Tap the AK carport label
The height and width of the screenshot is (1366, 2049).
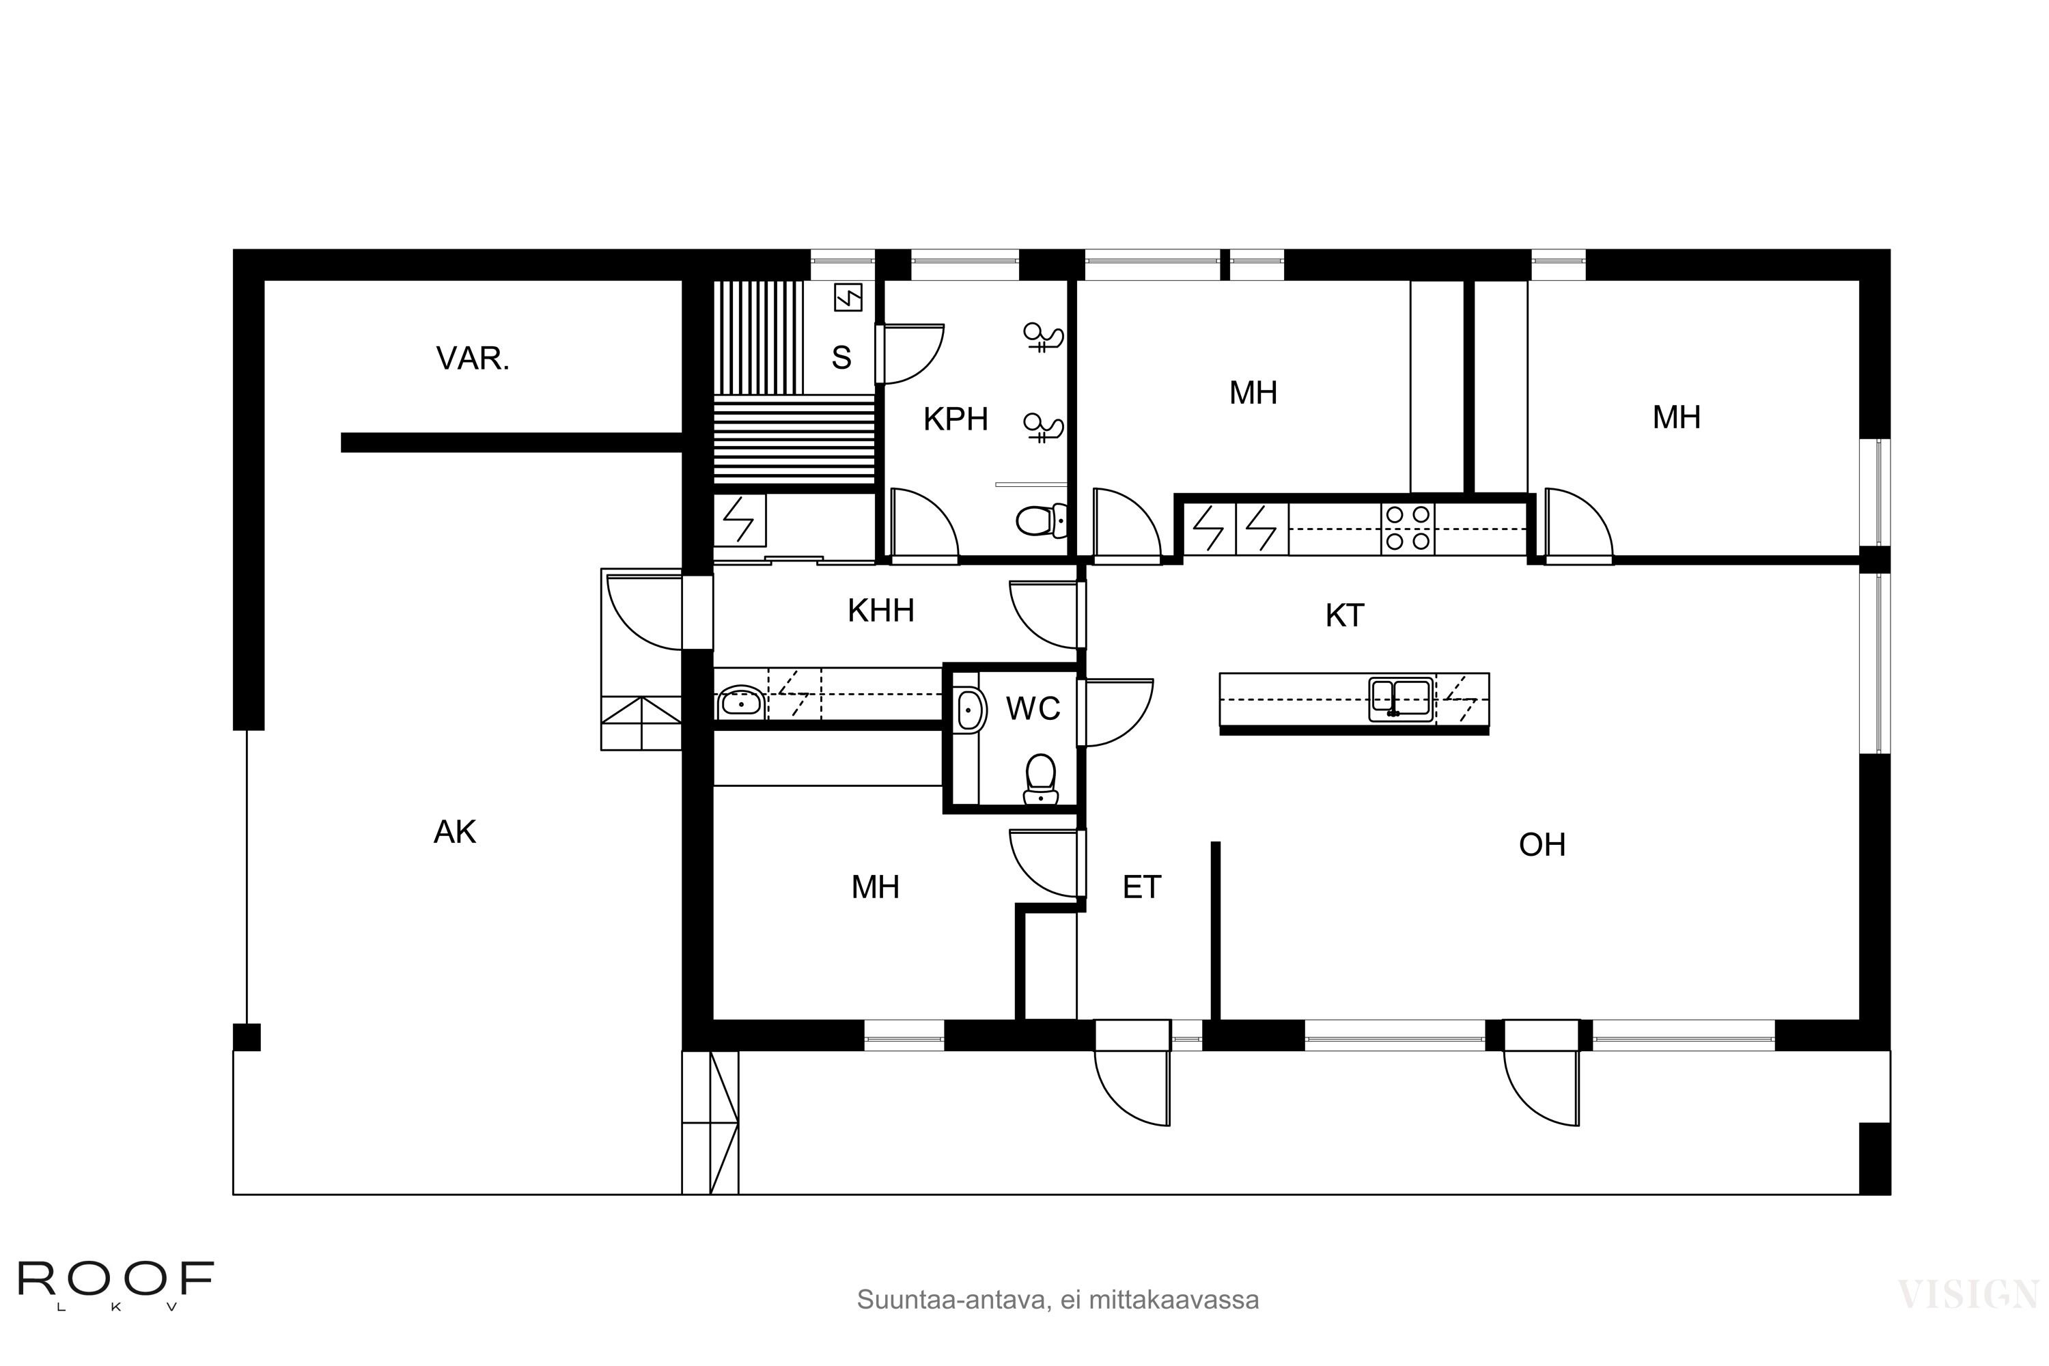click(454, 833)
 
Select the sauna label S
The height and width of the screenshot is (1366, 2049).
click(841, 358)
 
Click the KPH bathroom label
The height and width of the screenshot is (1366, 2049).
click(955, 420)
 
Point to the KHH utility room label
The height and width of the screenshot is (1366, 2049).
click(881, 611)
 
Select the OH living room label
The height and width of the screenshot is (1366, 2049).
click(1542, 845)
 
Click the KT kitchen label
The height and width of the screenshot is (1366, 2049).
click(1344, 616)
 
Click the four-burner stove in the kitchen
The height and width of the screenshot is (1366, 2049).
click(1408, 528)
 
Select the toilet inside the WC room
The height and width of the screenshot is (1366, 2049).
click(1040, 779)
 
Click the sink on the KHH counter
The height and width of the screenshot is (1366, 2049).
click(740, 702)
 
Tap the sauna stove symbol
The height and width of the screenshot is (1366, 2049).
click(848, 298)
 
